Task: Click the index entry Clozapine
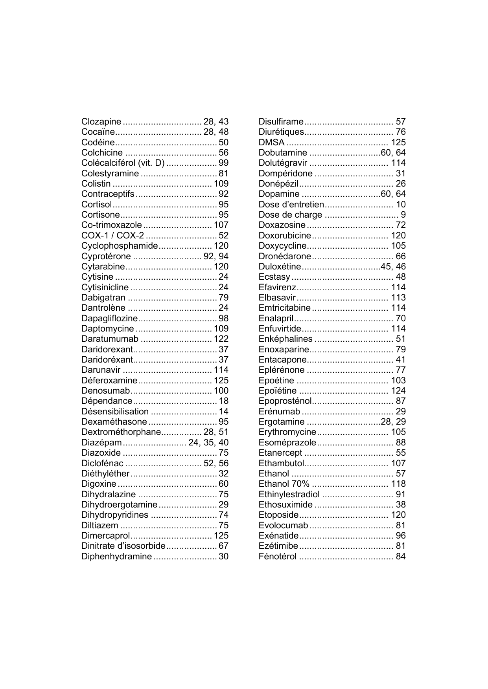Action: coord(101,122)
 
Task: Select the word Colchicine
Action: coord(102,153)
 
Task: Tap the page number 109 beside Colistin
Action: coord(221,184)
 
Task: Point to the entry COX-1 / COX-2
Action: coord(112,236)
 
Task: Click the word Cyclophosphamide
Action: coord(119,246)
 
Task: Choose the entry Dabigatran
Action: coord(103,298)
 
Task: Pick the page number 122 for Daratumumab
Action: coord(221,339)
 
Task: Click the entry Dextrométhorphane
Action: coord(121,432)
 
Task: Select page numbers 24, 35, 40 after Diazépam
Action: coord(208,443)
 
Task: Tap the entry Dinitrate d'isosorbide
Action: coord(123,546)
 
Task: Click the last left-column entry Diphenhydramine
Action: coord(116,557)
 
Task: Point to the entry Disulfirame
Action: coord(281,122)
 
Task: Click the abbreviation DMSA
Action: coord(271,143)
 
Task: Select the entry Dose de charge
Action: coord(290,215)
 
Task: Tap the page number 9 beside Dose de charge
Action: coord(403,215)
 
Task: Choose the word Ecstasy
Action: coord(274,277)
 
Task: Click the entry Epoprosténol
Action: coord(285,401)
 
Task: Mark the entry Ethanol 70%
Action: coord(284,484)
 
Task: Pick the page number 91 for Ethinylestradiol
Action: coord(401,495)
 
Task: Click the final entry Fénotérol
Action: coord(277,557)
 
